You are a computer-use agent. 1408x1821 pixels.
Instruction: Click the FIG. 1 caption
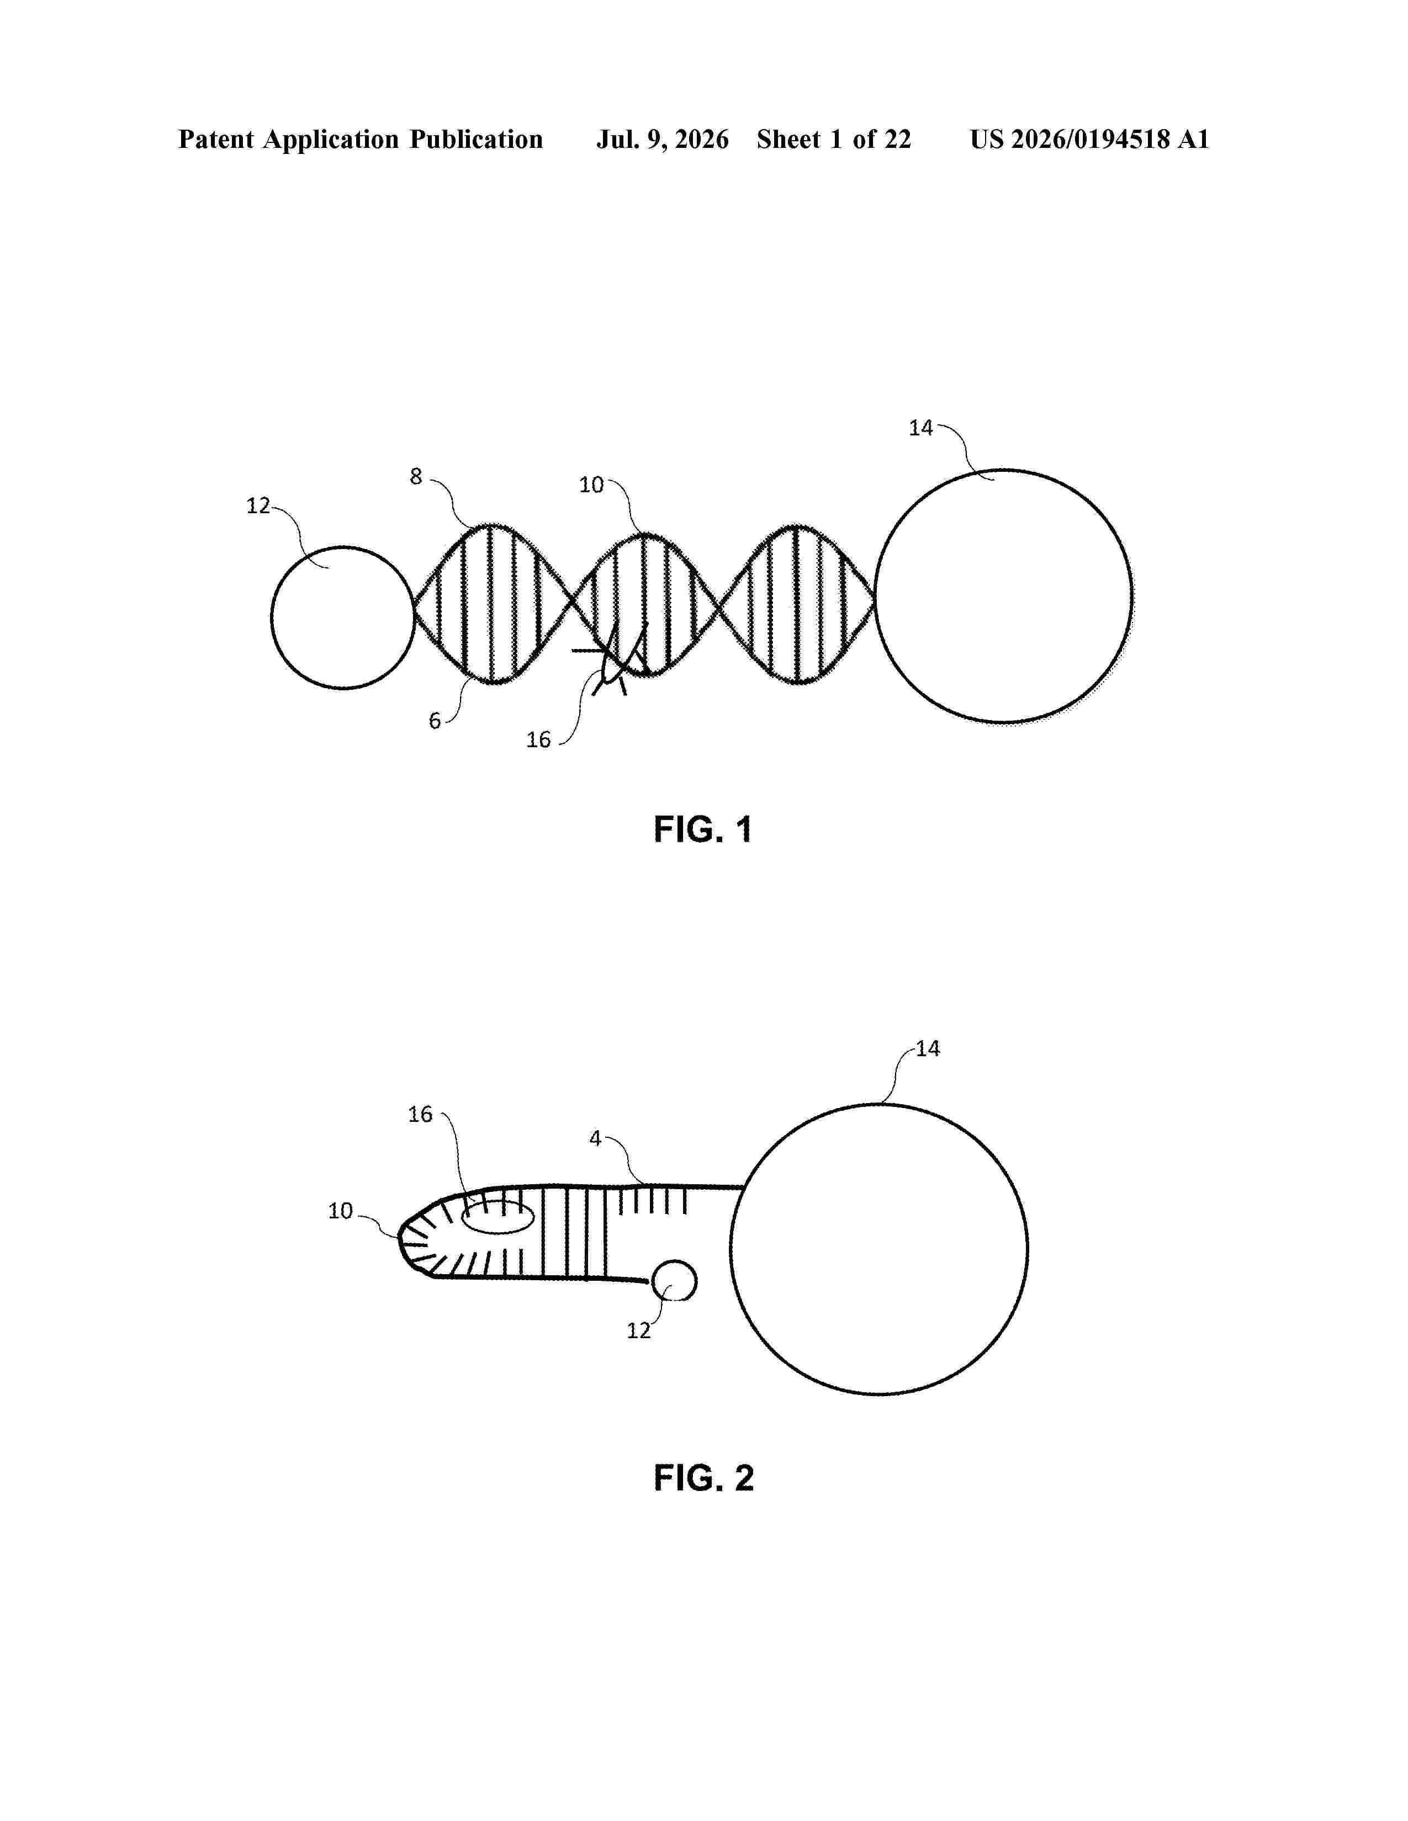coord(703,829)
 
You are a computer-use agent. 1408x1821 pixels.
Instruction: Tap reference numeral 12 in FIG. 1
coord(258,505)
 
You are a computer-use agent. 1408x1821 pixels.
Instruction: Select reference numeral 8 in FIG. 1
coord(415,476)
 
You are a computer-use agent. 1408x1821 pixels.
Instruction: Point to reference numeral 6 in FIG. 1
coord(435,720)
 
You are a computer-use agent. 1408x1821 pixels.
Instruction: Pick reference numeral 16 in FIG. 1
coord(538,739)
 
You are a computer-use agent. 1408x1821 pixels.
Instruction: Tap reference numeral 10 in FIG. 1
coord(591,484)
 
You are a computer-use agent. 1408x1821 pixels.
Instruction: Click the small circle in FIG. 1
coord(271,618)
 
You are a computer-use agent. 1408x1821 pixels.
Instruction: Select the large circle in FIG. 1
coord(875,595)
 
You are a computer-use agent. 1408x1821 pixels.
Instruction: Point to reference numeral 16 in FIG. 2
coord(420,1114)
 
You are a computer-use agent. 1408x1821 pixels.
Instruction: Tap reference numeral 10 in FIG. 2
coord(340,1211)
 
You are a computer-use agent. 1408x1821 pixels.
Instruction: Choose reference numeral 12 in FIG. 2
coord(639,1331)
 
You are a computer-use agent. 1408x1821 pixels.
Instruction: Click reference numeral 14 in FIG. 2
coord(928,1049)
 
